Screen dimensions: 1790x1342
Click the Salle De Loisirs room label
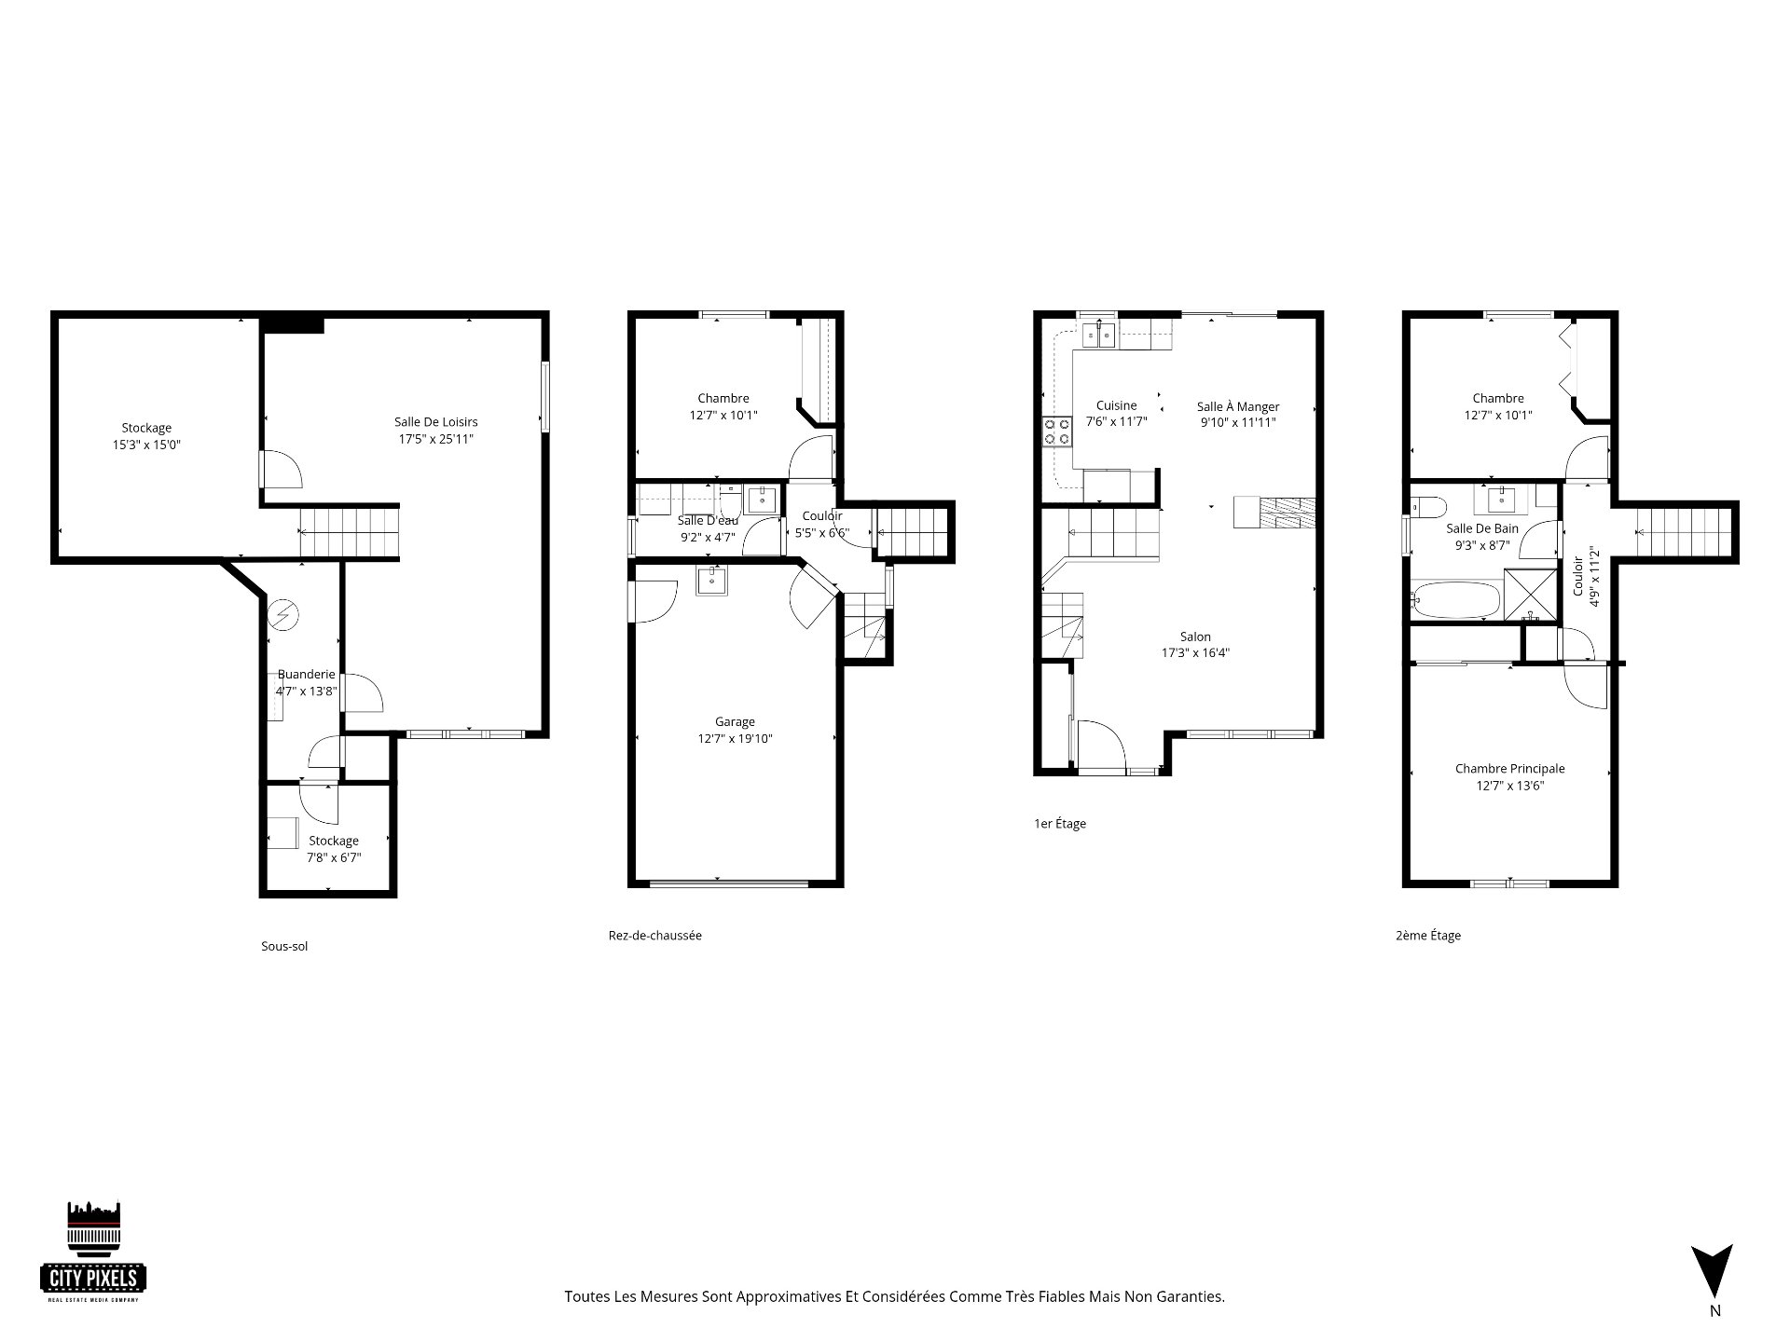(x=435, y=422)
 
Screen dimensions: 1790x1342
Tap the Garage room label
(x=735, y=721)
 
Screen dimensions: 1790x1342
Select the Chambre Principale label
(x=1509, y=769)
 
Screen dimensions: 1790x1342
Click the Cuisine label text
(x=1116, y=405)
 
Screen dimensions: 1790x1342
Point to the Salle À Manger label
(x=1238, y=406)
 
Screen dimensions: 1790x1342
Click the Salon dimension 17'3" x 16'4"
(x=1195, y=653)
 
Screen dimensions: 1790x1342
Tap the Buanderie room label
(x=306, y=675)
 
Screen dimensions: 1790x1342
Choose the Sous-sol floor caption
(x=284, y=946)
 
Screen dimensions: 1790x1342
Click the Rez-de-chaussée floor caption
(x=654, y=935)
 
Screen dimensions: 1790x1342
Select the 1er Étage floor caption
(x=1060, y=824)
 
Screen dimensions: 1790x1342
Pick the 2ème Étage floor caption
(x=1428, y=936)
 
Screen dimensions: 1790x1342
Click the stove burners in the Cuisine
(x=1057, y=431)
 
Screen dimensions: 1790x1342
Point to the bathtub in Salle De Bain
(x=1454, y=600)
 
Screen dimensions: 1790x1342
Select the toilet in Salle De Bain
(x=1427, y=507)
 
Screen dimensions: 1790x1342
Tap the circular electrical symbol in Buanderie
(x=283, y=614)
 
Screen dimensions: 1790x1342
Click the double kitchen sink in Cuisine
(x=1098, y=334)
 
